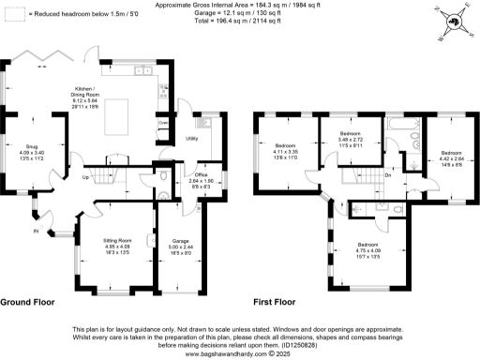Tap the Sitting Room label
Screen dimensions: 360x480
[x=116, y=246]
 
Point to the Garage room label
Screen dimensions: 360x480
[x=180, y=246]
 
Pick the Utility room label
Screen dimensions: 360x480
[x=190, y=138]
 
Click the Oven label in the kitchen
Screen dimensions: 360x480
[x=163, y=123]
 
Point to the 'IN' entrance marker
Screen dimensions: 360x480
[x=37, y=230]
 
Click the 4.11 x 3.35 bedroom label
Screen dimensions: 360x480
[x=285, y=151]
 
